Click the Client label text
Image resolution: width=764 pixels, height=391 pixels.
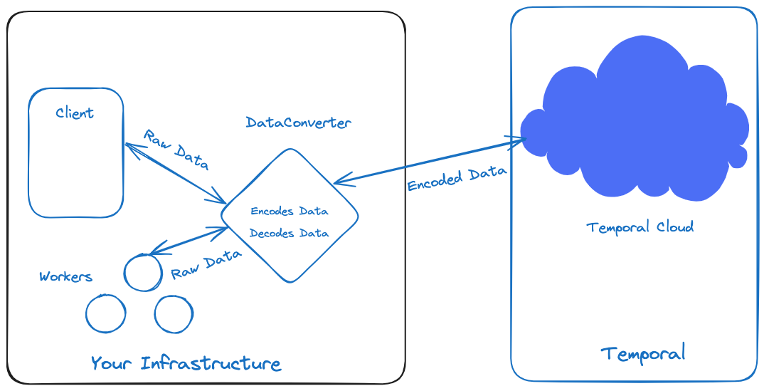pos(75,113)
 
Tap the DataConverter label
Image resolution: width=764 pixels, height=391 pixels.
pos(298,122)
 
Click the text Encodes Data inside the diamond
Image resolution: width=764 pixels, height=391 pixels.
pos(290,212)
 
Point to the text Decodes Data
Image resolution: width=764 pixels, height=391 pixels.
pos(289,233)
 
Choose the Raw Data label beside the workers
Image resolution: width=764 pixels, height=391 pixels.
pos(206,264)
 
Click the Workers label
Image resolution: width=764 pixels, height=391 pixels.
pos(65,276)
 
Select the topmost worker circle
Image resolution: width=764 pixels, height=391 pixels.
pos(143,272)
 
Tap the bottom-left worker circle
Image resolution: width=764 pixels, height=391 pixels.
pos(105,313)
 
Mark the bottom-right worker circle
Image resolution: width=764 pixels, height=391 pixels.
pos(174,314)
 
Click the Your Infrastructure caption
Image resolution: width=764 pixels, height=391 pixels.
pos(186,363)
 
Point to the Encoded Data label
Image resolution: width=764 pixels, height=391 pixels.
pos(457,179)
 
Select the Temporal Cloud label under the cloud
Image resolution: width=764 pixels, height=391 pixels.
pos(640,227)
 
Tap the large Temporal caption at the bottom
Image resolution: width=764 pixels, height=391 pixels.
pos(642,353)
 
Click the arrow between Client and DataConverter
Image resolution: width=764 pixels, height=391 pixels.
pos(175,173)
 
